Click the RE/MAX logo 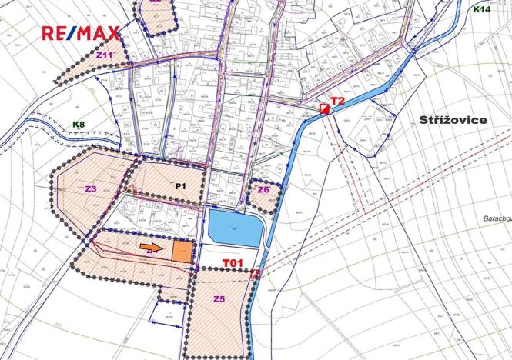click(81, 33)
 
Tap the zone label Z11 click(105, 55)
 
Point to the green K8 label click(79, 124)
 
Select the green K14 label click(481, 9)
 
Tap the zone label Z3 click(91, 188)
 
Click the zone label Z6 click(263, 189)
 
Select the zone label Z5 click(219, 299)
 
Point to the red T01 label click(233, 263)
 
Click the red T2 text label click(337, 101)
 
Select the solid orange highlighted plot click(182, 252)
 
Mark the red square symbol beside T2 click(325, 109)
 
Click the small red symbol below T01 click(255, 272)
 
